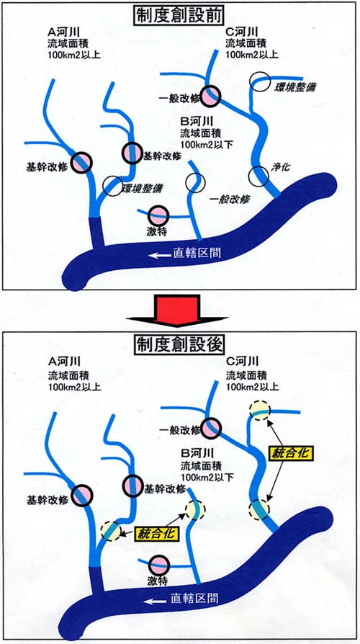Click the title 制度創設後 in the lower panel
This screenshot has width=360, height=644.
179,344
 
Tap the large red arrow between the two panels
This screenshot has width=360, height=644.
177,310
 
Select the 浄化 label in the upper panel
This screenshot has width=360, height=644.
280,167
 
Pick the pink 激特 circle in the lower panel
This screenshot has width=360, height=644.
159,565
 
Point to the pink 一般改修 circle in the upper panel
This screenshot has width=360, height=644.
210,96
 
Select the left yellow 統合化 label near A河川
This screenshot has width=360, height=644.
157,533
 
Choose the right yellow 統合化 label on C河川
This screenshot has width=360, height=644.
292,453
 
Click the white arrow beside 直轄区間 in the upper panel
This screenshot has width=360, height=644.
159,255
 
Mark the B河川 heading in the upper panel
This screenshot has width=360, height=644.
194,122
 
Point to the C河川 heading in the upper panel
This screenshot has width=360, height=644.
241,32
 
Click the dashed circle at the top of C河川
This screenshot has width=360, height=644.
260,410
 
